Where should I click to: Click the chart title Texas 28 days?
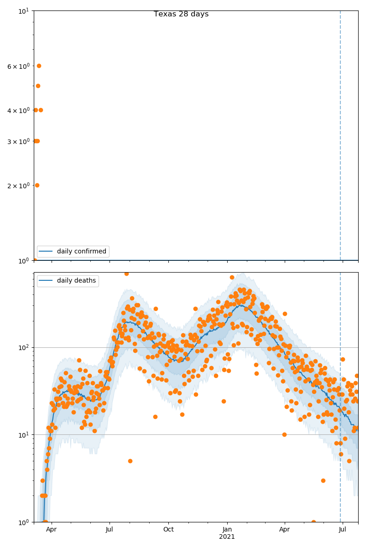[181, 14]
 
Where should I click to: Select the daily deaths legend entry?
[76, 281]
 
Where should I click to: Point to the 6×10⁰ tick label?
[18, 67]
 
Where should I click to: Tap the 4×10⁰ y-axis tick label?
[18, 110]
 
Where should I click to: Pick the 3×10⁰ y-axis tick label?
[18, 141]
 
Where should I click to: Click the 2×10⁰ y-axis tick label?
[18, 186]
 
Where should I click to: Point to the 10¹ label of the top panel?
[24, 11]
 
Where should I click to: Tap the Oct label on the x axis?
[168, 530]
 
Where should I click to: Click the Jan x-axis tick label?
[227, 530]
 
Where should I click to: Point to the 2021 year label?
[227, 537]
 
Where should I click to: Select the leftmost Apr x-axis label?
[51, 530]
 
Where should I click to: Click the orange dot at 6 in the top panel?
[39, 66]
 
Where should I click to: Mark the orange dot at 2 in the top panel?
[37, 185]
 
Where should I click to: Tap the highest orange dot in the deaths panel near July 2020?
[126, 273]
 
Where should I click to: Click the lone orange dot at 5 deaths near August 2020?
[130, 461]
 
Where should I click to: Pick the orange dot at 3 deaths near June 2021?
[323, 480]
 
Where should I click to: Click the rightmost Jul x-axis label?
[343, 530]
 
